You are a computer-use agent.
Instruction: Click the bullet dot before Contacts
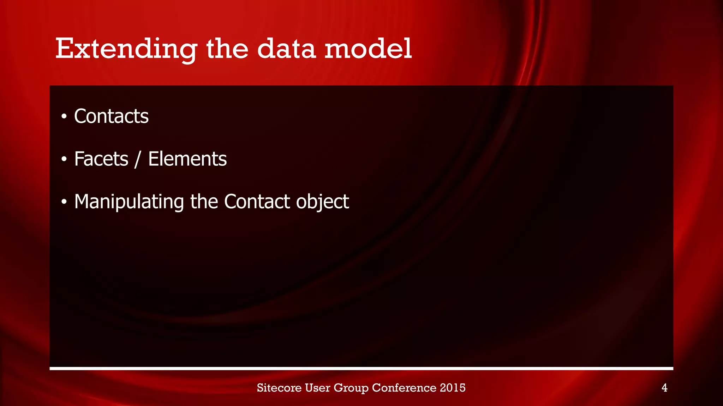[64, 117]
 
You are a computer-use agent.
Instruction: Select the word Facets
[101, 159]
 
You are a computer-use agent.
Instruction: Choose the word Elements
[187, 159]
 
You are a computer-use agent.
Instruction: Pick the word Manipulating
[129, 202]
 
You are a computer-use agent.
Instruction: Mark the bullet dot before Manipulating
[64, 202]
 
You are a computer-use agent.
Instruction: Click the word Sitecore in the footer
[279, 388]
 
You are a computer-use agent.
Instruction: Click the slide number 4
[664, 388]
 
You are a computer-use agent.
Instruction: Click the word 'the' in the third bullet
[204, 202]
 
